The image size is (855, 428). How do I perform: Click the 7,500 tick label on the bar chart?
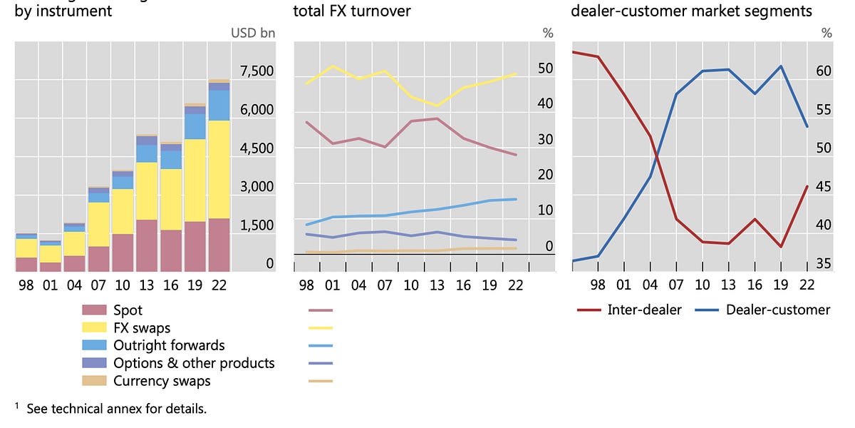(x=257, y=71)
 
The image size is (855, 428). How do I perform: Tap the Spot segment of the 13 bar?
(x=146, y=245)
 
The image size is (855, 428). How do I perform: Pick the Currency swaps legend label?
(x=162, y=381)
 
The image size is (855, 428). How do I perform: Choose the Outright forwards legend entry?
(x=169, y=345)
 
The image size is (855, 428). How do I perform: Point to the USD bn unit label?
(x=253, y=33)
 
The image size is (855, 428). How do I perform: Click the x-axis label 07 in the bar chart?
(x=98, y=285)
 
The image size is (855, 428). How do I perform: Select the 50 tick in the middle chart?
(x=545, y=68)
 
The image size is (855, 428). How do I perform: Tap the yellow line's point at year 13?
(x=437, y=106)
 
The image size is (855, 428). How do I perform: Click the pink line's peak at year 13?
(x=437, y=118)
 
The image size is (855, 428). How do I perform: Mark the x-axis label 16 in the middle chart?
(x=463, y=285)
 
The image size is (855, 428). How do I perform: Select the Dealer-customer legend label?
(x=777, y=310)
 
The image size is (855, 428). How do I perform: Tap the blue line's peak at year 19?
(x=781, y=66)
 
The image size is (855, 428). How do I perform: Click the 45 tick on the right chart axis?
(x=823, y=187)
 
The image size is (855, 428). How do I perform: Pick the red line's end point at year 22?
(x=807, y=186)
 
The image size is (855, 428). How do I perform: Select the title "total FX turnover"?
(x=352, y=11)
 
